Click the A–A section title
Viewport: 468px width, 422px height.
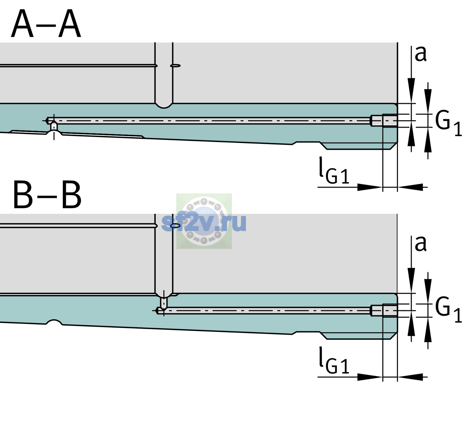[46, 24]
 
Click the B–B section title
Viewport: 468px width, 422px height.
[48, 195]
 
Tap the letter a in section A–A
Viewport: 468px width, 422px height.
[420, 54]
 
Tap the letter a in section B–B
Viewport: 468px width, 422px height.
[420, 244]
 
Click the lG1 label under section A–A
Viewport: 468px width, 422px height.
[334, 171]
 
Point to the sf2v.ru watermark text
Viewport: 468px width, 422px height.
[204, 223]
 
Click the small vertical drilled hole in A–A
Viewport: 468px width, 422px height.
[54, 126]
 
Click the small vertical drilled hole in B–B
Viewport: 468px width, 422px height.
[164, 303]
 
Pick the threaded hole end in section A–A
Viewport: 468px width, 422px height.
[384, 121]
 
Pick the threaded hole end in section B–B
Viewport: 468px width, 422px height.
[384, 311]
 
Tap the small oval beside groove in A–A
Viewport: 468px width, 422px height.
[175, 66]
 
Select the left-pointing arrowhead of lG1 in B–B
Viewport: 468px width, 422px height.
[410, 377]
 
